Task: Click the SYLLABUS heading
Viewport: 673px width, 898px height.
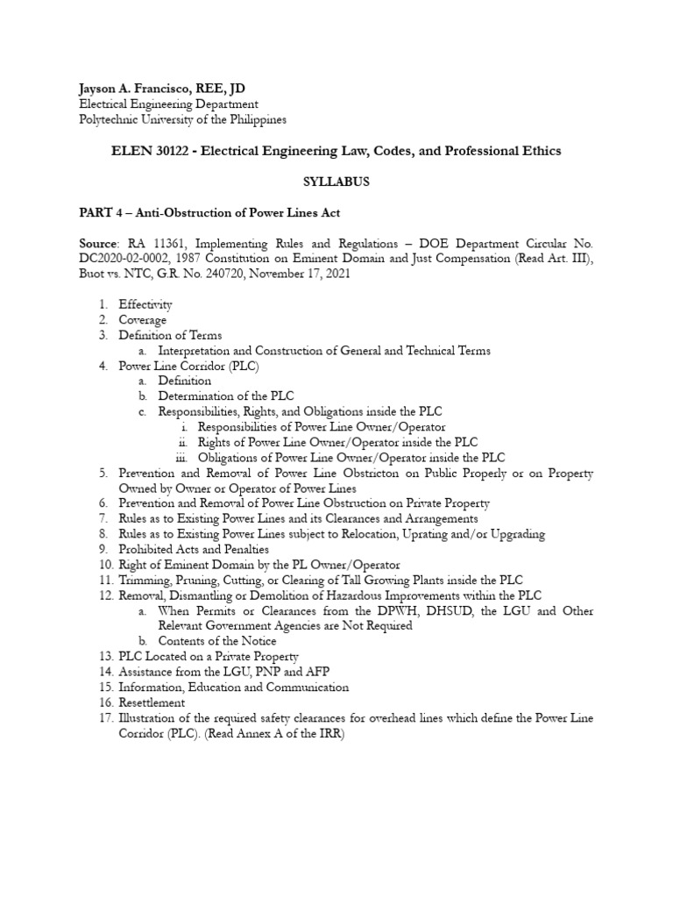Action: point(336,182)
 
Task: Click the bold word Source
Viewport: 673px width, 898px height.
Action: point(96,245)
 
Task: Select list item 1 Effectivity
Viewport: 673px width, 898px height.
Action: point(145,304)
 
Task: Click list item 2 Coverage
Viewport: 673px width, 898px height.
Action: point(143,320)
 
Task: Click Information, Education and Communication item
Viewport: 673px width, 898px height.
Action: point(234,687)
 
